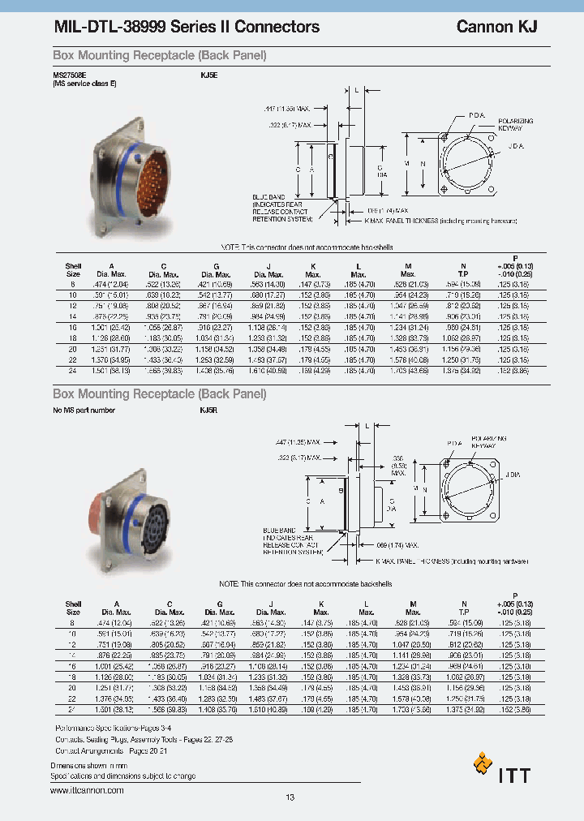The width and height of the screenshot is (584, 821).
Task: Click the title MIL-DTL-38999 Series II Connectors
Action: pos(186,27)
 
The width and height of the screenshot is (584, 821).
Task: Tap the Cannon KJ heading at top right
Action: pos(496,27)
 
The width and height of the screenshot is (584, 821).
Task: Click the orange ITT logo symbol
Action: pos(483,764)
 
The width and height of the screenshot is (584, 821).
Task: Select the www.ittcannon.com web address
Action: pos(87,790)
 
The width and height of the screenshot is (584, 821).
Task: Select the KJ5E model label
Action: pos(209,75)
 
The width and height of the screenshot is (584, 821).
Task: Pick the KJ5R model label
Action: pos(209,411)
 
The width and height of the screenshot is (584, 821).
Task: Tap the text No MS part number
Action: pos(84,411)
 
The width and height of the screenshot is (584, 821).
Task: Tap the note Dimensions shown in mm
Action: pos(89,765)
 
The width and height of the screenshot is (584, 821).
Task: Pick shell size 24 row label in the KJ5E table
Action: pos(72,370)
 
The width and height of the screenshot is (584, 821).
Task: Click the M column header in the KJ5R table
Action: pos(413,604)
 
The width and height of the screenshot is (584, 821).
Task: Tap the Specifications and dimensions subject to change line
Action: pos(122,776)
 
